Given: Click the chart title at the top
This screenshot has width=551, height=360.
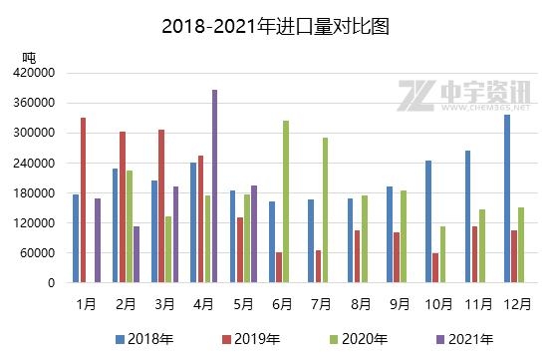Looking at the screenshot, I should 275,26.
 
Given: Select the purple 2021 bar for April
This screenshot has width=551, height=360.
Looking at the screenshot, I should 214,186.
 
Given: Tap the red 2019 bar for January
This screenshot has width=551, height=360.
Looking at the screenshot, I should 83,200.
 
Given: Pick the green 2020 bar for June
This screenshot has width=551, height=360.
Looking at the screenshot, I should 286,201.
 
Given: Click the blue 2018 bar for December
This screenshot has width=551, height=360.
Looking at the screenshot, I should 508,198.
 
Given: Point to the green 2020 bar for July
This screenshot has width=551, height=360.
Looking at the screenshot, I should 325,210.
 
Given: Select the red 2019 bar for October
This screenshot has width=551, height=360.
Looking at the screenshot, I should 435,267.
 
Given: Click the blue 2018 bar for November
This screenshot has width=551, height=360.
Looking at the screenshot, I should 467,216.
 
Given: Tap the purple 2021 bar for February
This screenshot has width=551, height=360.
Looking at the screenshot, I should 137,254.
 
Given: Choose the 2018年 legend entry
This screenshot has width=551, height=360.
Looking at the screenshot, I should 138,339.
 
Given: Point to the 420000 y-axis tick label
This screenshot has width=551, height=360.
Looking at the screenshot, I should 34,73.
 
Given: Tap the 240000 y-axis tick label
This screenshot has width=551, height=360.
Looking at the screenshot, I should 34,163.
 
